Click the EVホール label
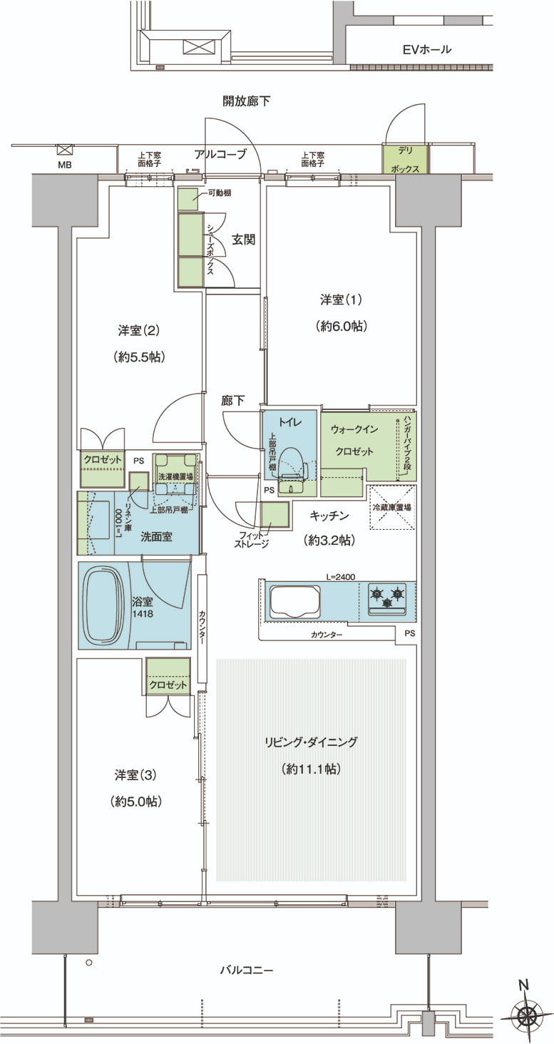[x=427, y=49]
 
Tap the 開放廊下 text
[x=246, y=101]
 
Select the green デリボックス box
[x=406, y=160]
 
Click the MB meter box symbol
[x=64, y=150]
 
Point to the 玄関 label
[x=243, y=240]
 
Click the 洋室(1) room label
[x=341, y=300]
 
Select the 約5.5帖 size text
[x=138, y=357]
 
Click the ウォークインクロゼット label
[x=354, y=440]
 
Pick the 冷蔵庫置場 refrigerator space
[x=392, y=508]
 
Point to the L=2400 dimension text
[x=341, y=577]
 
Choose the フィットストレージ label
[x=252, y=539]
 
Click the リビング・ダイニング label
[x=311, y=742]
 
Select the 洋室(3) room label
[x=136, y=775]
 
